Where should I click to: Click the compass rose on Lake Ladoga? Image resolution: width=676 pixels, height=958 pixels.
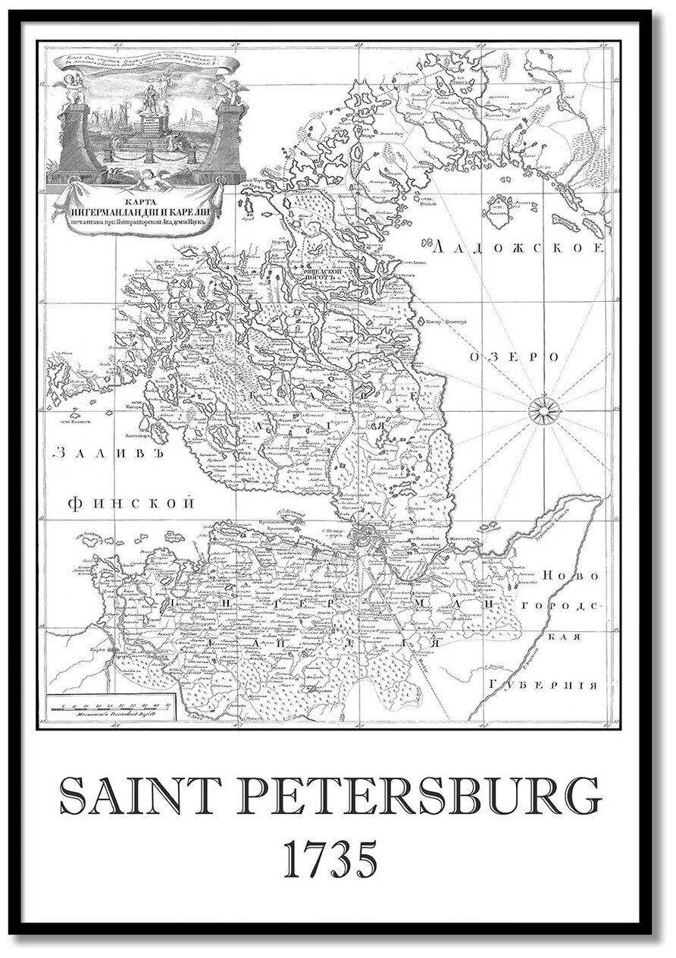click(544, 410)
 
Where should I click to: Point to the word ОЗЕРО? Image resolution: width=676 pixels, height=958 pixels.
click(513, 357)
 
